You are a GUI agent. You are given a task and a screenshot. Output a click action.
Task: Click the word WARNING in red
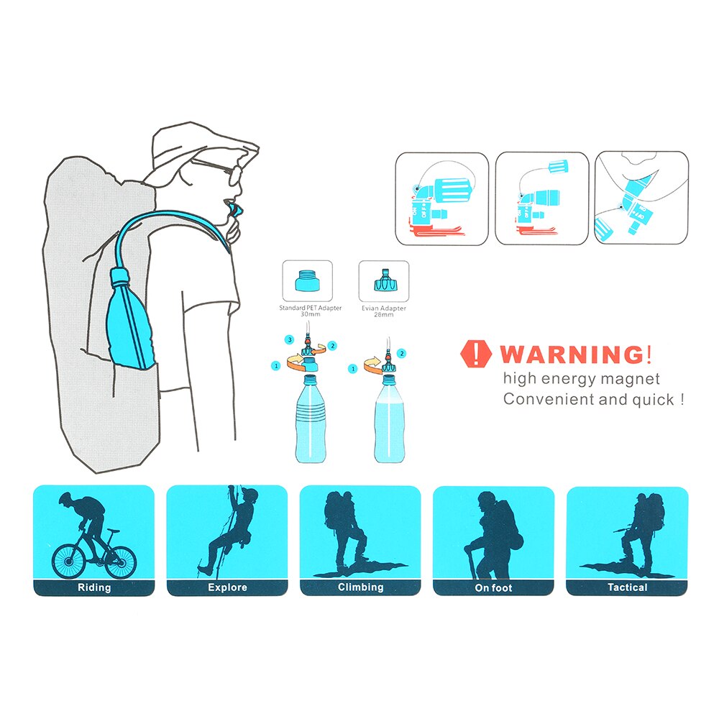(x=572, y=354)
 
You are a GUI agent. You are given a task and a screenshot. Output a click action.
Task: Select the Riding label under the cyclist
(x=94, y=587)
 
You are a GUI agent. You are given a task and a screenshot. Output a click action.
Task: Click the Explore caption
(x=227, y=587)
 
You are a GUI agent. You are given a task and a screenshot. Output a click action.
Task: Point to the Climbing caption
(x=360, y=587)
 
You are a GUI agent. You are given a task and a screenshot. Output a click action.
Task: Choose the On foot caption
(x=493, y=587)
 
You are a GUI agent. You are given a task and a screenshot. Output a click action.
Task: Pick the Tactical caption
(x=627, y=587)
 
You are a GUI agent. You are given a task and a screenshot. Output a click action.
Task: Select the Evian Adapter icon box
(x=383, y=281)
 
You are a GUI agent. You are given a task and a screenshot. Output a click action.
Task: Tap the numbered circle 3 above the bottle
(x=289, y=339)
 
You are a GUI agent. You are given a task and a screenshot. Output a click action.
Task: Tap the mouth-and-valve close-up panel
(x=642, y=198)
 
